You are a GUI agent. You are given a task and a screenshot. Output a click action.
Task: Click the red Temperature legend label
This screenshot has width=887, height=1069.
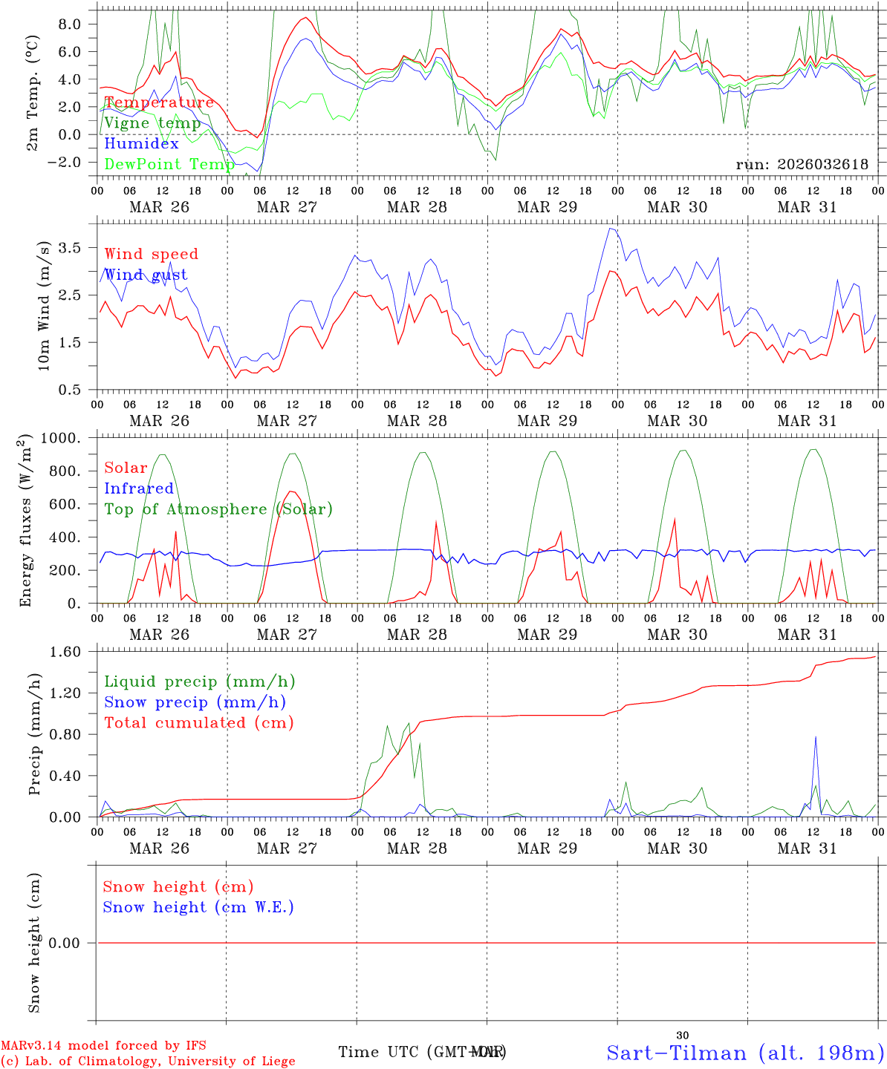[x=159, y=102]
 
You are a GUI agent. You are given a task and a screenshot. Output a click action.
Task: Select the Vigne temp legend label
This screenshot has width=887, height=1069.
[x=152, y=123]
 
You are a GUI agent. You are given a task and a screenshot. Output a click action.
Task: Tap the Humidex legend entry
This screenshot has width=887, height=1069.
[x=141, y=143]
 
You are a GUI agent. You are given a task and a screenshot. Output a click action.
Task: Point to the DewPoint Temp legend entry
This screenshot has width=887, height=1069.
[x=169, y=164]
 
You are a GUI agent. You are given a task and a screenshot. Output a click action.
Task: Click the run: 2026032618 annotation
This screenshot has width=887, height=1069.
[x=802, y=164]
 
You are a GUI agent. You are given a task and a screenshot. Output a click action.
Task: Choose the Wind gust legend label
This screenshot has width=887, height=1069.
[x=146, y=275]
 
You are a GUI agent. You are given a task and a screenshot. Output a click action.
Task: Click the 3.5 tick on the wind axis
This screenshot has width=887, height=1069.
[x=74, y=247]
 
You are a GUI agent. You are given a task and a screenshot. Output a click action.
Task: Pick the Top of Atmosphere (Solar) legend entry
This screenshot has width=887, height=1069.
[x=218, y=509]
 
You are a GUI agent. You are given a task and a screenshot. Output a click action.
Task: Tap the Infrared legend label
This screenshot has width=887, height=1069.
[x=139, y=488]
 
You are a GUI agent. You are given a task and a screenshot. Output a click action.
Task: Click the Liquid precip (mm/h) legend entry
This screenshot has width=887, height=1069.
[x=199, y=681]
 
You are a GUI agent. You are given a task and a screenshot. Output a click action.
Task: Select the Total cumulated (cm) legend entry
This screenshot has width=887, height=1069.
[x=198, y=722]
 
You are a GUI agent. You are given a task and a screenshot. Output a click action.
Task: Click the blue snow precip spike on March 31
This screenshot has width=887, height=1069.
[x=816, y=738]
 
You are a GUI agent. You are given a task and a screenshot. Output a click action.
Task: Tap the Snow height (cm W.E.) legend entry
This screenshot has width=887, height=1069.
[x=198, y=907]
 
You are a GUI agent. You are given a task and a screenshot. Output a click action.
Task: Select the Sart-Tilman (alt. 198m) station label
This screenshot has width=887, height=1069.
[x=745, y=1053]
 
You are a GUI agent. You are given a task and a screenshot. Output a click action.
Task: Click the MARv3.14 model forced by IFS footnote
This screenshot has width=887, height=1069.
[x=103, y=1045]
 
